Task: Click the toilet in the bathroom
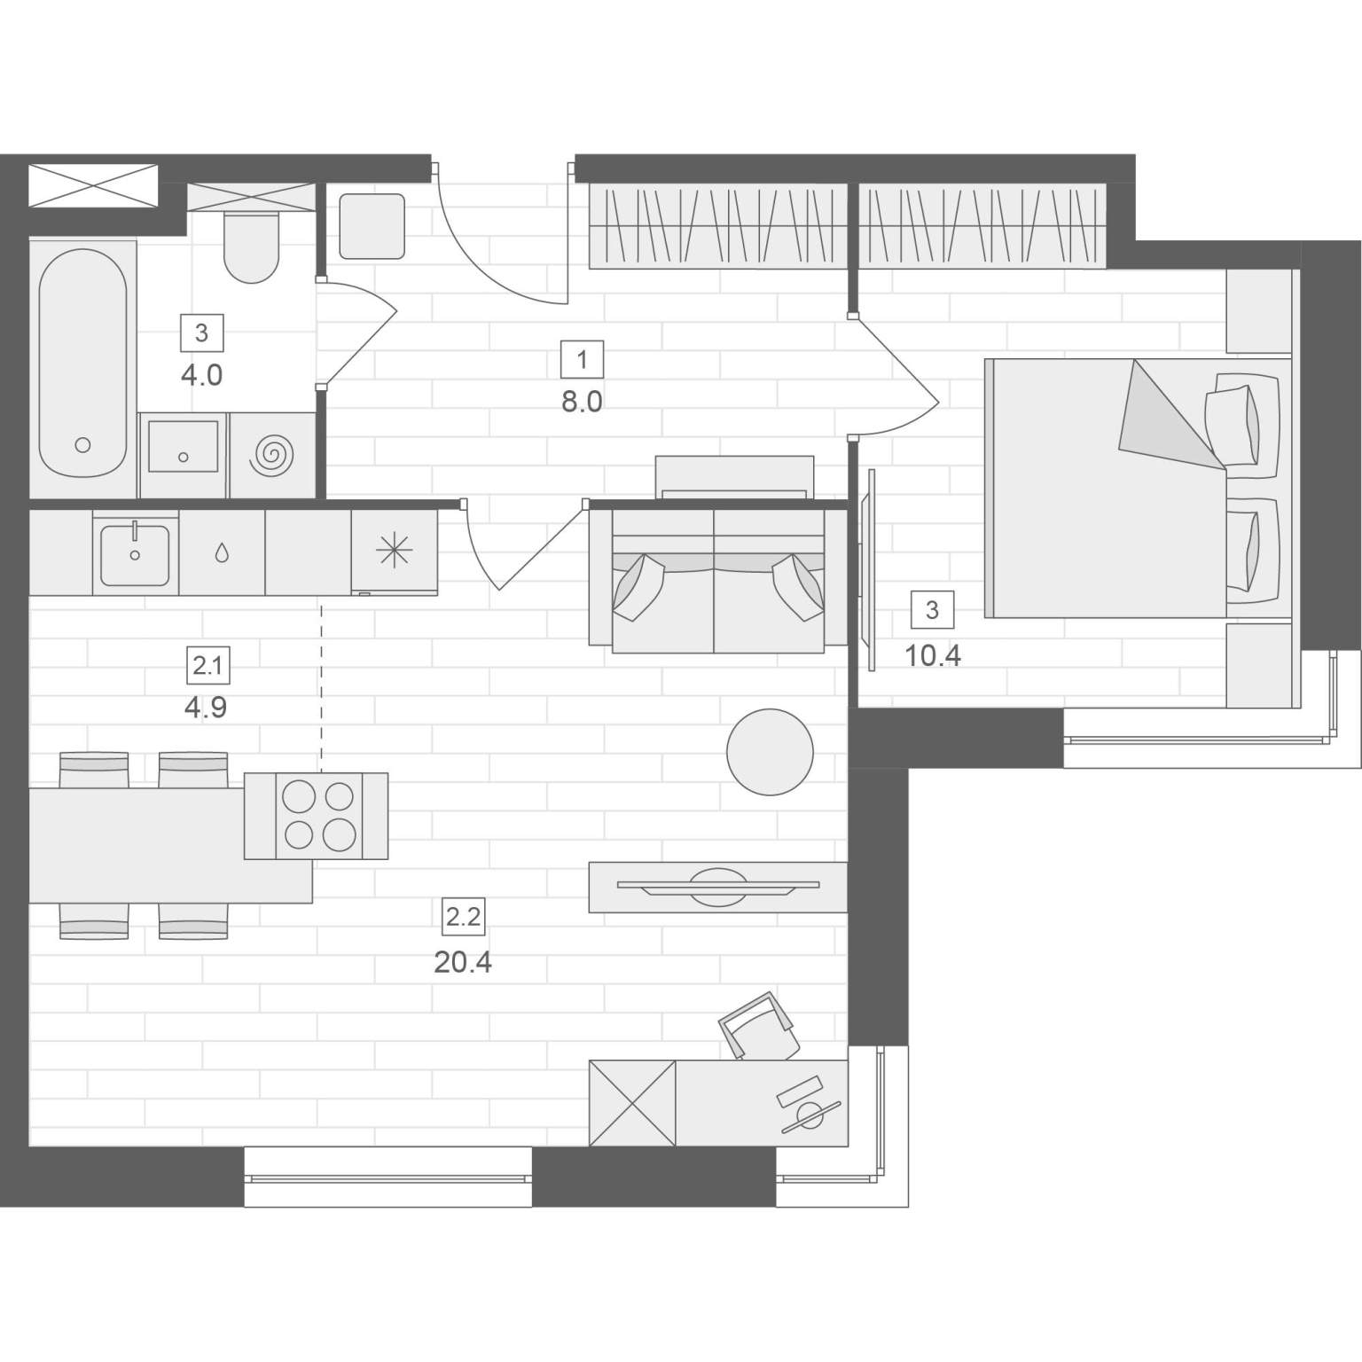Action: tap(252, 246)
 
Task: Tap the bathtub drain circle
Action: tap(83, 445)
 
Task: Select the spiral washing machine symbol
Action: tap(272, 455)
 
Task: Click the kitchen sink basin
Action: tap(135, 555)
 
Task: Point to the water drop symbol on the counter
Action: tap(222, 553)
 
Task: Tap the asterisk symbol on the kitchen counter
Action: tap(394, 551)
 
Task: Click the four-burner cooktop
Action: tap(318, 816)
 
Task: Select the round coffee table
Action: tap(770, 752)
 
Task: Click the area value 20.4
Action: tap(463, 961)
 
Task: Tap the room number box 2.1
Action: tap(207, 665)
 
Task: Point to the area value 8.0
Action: tap(582, 402)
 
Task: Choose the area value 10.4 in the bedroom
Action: tap(933, 656)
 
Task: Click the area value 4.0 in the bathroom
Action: tap(201, 375)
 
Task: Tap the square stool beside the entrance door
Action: tap(372, 226)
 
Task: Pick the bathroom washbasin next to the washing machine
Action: tap(184, 447)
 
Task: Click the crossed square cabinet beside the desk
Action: tap(633, 1102)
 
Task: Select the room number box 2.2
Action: tap(464, 917)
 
